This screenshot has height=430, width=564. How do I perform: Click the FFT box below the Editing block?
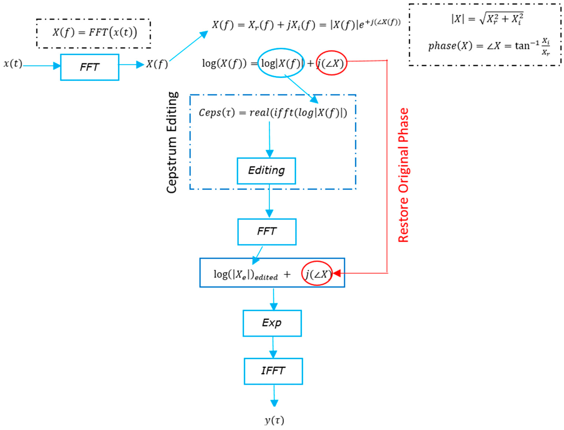267,232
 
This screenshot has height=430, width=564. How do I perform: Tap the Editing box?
266,171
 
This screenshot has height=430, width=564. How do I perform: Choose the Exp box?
272,323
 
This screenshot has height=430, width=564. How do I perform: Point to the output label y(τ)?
274,420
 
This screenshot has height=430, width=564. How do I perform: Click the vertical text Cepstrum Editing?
172,142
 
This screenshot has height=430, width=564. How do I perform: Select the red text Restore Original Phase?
403,175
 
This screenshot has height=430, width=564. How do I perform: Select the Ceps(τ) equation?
273,113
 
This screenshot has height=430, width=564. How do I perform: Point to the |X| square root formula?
487,19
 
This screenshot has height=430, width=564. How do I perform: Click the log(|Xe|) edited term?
246,275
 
